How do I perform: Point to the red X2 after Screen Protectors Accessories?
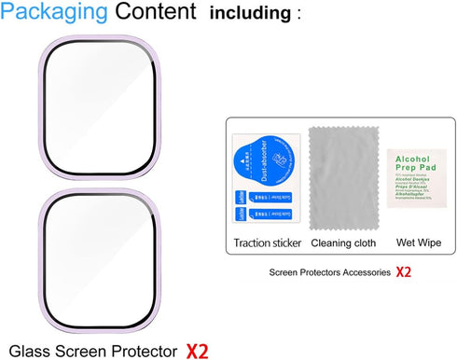pyautogui.click(x=403, y=272)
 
